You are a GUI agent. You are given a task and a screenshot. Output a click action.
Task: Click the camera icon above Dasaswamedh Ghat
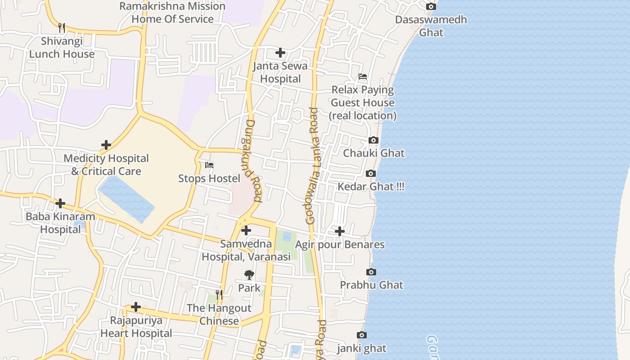pos(431,7)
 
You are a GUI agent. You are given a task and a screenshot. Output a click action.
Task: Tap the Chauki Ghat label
pos(373,153)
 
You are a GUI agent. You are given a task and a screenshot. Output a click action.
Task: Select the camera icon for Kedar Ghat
pos(371,174)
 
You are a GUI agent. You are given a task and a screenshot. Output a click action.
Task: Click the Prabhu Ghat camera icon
pos(371,272)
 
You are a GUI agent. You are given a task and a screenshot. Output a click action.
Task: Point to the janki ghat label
pos(362,348)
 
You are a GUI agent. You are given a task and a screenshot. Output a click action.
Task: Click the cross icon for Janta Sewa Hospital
pos(280,53)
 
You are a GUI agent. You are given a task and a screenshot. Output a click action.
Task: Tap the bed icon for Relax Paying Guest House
pos(363,76)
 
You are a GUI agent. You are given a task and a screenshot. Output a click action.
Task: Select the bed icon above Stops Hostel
pos(209,165)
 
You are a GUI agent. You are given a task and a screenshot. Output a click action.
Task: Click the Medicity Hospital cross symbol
pos(106,145)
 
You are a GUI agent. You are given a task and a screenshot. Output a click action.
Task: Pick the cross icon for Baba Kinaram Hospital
pos(60,203)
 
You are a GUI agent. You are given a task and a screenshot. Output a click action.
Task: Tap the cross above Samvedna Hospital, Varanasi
pos(246,231)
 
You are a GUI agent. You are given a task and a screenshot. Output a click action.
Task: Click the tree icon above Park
pos(249,275)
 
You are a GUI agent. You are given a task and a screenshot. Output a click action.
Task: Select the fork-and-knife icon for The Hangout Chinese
pos(219,295)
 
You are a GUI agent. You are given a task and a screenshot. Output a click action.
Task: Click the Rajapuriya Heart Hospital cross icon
pos(136,307)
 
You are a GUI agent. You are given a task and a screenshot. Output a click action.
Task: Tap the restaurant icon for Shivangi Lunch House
pos(62,28)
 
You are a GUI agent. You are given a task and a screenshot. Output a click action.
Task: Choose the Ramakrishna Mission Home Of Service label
pos(172,13)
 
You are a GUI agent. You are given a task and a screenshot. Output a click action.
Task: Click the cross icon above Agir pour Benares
pos(340,231)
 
